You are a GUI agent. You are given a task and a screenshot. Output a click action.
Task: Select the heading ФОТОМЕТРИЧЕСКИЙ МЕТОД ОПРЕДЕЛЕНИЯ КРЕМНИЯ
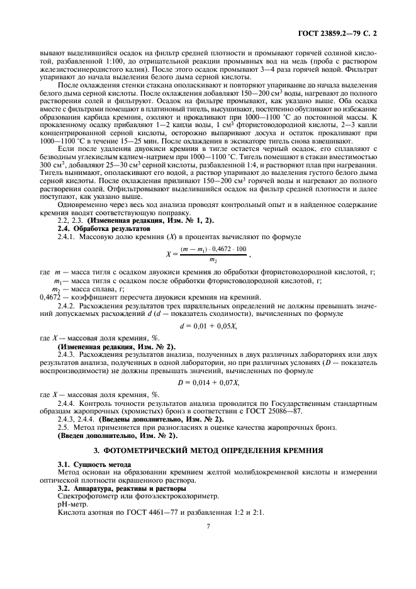tap(208, 450)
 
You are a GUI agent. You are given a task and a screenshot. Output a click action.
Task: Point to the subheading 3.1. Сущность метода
tap(86, 464)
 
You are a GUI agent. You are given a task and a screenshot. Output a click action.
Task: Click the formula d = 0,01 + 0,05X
tap(208, 326)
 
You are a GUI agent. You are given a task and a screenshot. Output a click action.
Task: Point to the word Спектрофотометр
tap(82, 496)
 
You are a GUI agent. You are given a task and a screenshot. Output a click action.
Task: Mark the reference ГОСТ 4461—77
tap(138, 513)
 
